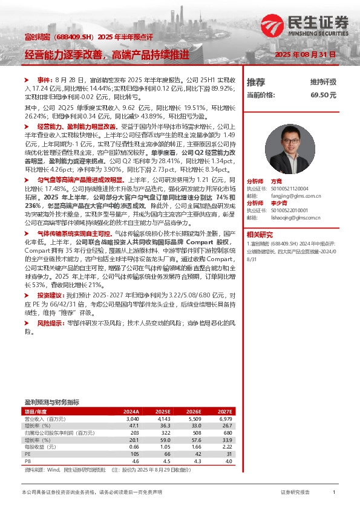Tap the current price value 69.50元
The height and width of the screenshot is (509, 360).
coord(324,95)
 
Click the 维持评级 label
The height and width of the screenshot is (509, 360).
coord(323,82)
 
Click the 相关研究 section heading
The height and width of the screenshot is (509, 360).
coord(259,234)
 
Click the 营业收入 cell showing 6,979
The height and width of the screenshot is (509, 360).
coord(225,419)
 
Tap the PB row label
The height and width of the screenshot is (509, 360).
coord(27,461)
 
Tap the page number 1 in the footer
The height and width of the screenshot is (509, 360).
coord(333,493)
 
